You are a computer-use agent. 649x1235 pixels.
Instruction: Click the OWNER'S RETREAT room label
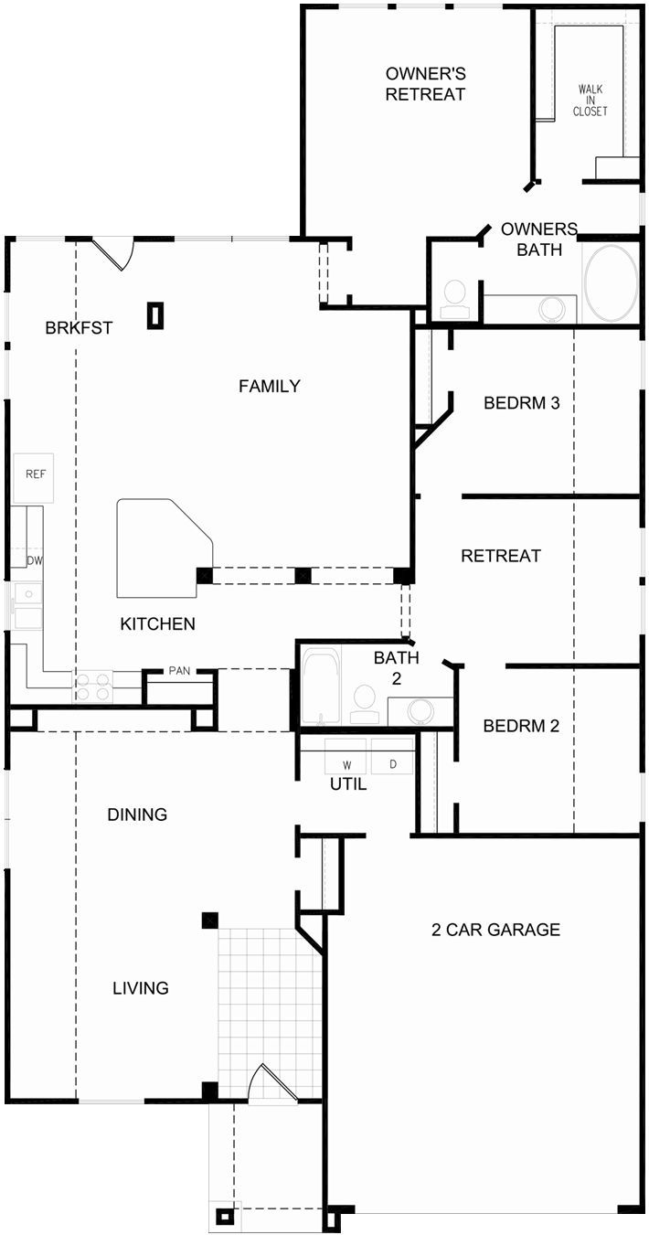point(425,83)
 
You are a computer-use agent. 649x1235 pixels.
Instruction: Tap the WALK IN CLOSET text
point(590,101)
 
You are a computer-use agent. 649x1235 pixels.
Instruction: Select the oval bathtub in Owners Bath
point(610,283)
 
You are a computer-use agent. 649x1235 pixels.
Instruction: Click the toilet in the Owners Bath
point(454,298)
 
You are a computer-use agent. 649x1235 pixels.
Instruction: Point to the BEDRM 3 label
point(521,402)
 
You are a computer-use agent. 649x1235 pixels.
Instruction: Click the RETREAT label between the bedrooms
point(500,556)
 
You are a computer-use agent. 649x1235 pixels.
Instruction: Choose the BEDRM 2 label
point(521,727)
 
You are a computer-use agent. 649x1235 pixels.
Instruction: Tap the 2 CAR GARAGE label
point(495,931)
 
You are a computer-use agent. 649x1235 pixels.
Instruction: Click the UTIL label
point(347,784)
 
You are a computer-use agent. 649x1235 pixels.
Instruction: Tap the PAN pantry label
point(179,671)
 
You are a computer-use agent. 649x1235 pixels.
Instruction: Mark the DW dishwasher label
point(35,560)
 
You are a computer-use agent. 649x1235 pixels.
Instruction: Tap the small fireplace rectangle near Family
point(156,315)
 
